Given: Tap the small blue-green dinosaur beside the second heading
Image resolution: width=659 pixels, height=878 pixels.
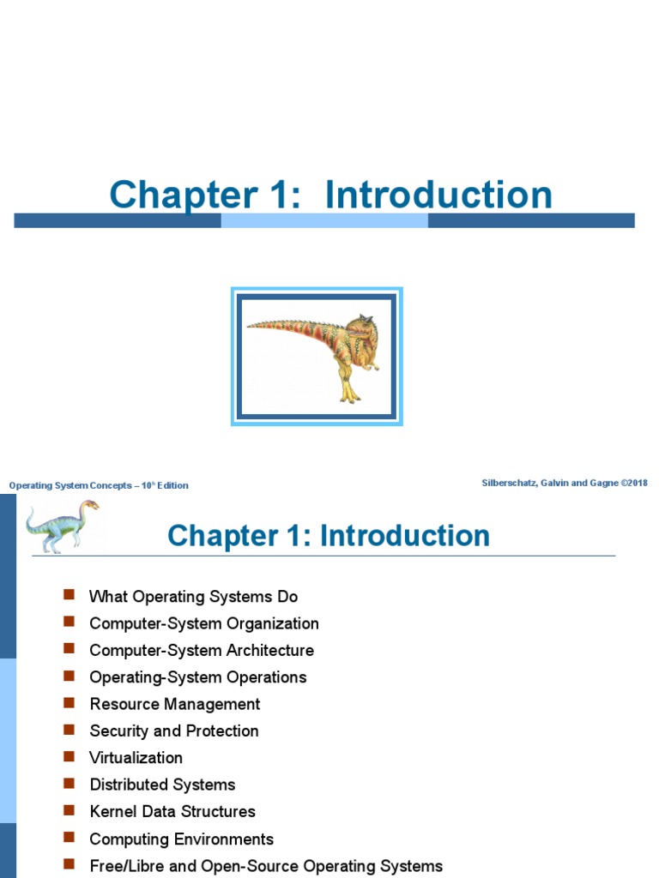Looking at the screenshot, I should click(x=60, y=525).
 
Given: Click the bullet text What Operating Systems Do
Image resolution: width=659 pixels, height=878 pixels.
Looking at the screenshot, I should click(x=193, y=596).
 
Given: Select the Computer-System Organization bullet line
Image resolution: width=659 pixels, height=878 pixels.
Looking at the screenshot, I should click(x=203, y=623).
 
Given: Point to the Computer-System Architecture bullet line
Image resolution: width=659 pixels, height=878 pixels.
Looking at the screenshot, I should click(x=202, y=650).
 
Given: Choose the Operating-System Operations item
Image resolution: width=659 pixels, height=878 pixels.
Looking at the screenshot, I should click(x=197, y=677).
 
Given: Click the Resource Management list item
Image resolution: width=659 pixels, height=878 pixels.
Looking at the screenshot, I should click(x=174, y=704).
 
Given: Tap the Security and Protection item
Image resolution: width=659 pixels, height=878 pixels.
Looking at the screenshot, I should click(x=173, y=731).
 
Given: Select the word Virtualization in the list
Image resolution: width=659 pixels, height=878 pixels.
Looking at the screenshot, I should click(x=136, y=758).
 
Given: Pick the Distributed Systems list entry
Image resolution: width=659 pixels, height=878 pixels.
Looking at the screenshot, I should click(x=162, y=785).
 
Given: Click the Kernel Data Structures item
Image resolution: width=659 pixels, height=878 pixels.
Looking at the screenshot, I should click(x=172, y=811).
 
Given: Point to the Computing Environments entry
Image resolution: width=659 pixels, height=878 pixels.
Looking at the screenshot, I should click(x=181, y=839).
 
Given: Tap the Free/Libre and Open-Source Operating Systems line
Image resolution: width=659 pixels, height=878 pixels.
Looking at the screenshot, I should click(x=266, y=866).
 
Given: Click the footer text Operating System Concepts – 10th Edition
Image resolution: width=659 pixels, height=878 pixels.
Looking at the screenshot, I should click(x=99, y=485).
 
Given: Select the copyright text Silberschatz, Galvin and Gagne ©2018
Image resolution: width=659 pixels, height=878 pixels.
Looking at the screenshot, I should click(x=565, y=483).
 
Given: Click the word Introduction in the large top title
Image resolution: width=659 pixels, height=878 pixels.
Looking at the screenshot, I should click(x=438, y=195).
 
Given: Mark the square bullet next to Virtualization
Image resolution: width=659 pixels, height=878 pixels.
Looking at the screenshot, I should click(x=70, y=757).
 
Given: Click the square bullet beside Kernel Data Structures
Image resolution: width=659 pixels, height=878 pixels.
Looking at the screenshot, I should click(x=70, y=811).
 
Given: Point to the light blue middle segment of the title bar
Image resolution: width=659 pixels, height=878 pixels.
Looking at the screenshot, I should click(x=324, y=220).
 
